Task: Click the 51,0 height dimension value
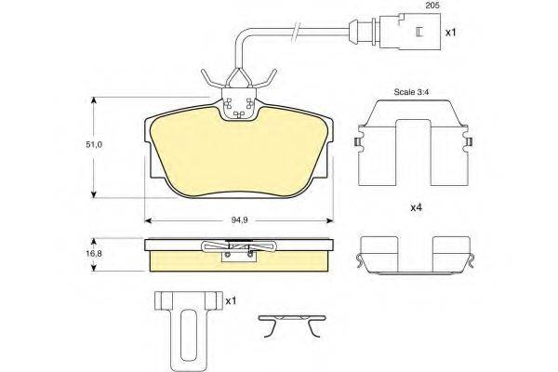tap(94, 145)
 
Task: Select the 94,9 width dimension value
tap(240, 220)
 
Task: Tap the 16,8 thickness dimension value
tap(94, 254)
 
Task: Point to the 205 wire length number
tap(433, 6)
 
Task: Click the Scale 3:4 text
tap(411, 92)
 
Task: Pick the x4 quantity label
tap(416, 207)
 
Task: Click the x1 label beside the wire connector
tap(450, 33)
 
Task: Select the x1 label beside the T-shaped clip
tap(231, 300)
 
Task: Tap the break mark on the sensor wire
tap(295, 31)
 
